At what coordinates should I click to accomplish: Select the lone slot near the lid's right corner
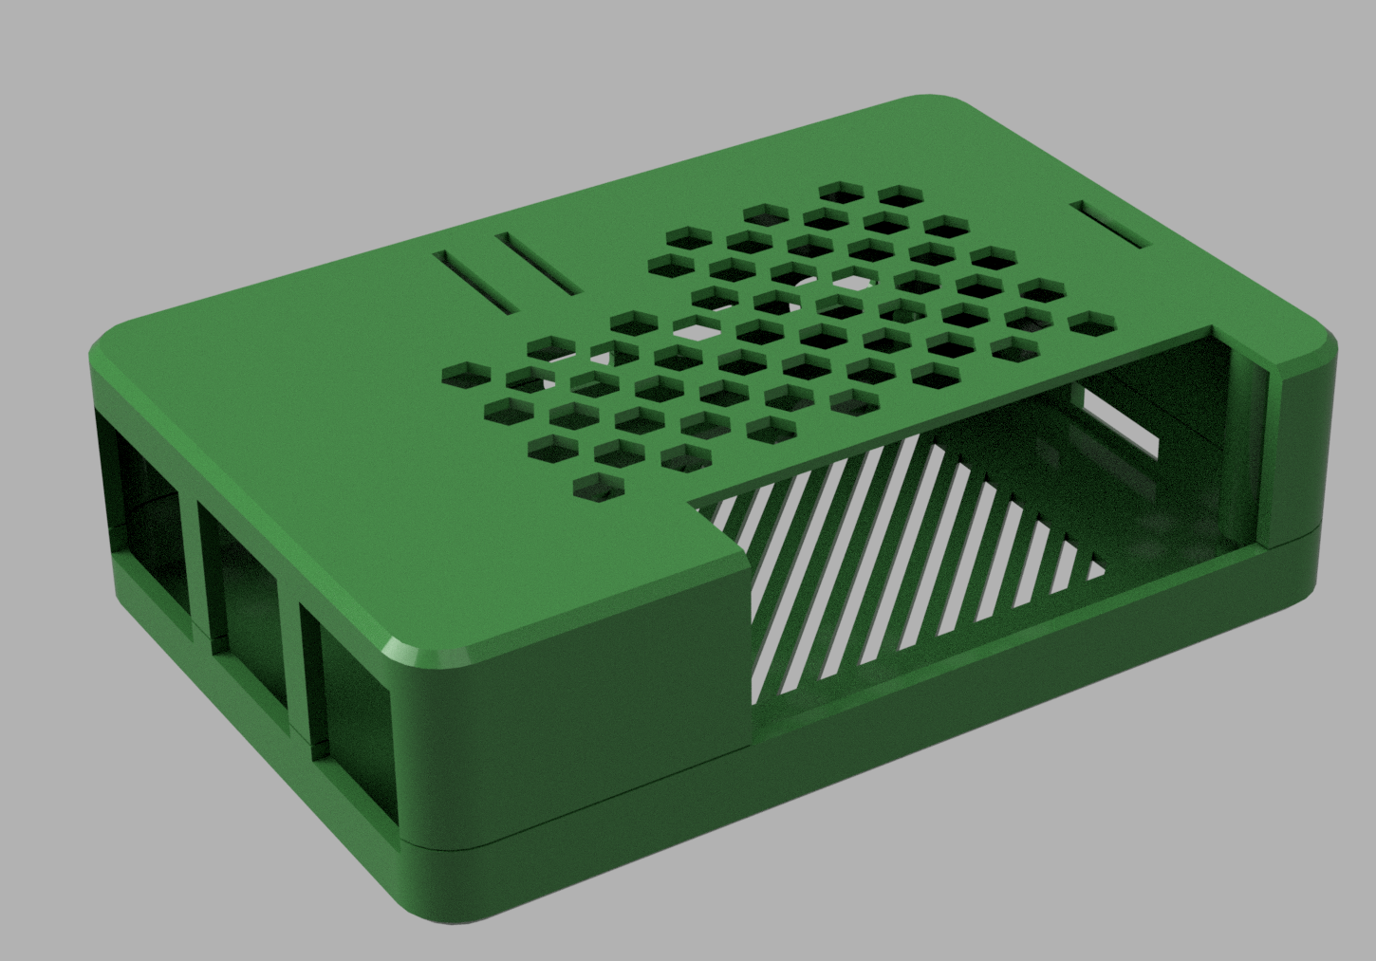pyautogui.click(x=1110, y=225)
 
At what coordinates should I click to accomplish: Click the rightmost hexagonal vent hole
pyautogui.click(x=1091, y=323)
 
